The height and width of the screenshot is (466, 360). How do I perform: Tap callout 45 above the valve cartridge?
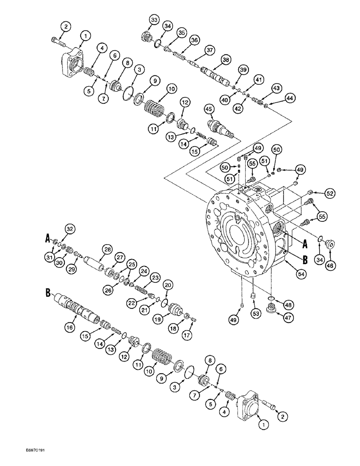208,109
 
